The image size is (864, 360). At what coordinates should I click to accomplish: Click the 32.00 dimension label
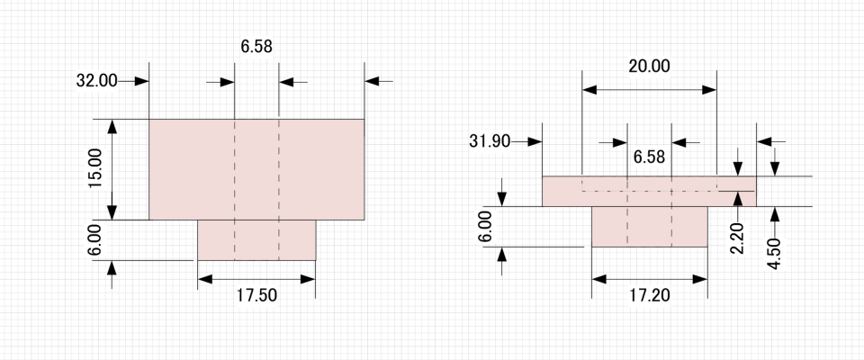96,81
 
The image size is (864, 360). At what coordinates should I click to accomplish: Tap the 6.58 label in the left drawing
256,47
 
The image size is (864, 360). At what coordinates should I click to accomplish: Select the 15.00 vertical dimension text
95,168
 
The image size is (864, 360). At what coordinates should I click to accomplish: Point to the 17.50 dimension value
256,295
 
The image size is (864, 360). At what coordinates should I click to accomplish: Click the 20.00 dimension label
649,67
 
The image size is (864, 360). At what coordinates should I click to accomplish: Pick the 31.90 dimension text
490,141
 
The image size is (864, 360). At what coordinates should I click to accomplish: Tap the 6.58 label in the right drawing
649,157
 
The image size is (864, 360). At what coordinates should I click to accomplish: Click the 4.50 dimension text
775,254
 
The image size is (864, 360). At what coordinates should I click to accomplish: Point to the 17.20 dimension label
650,295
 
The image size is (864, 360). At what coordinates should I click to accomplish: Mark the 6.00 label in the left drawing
95,239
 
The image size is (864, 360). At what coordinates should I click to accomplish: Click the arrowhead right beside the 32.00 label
142,82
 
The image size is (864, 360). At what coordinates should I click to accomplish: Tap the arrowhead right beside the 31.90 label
535,141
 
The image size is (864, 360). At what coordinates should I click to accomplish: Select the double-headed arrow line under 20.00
649,90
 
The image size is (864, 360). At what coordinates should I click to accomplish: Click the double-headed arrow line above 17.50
256,279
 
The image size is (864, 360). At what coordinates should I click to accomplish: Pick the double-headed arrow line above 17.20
649,279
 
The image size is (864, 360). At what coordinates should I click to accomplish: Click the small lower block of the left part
256,240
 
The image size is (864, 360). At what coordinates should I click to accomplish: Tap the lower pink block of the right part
649,227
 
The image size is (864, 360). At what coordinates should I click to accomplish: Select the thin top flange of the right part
649,192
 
